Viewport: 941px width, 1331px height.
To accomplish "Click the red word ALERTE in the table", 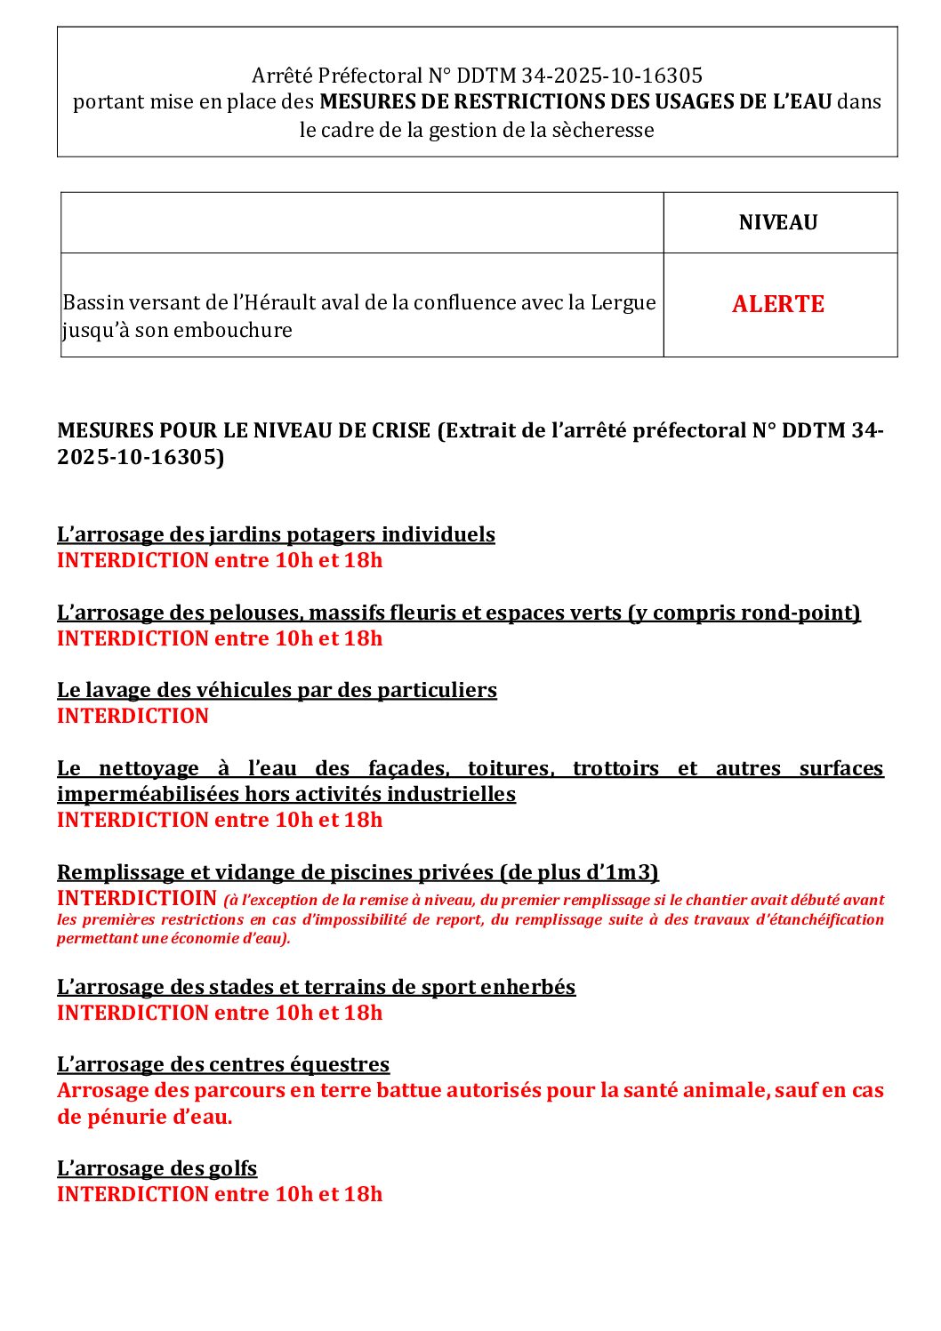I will [x=778, y=304].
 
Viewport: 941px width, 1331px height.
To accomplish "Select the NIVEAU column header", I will [x=778, y=222].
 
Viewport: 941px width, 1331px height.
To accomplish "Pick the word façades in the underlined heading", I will [x=408, y=768].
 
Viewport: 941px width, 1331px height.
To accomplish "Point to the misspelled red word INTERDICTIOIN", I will [x=137, y=898].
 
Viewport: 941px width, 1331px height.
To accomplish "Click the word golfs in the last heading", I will [x=234, y=1168].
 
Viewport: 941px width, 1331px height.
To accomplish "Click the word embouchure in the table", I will [x=235, y=330].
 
